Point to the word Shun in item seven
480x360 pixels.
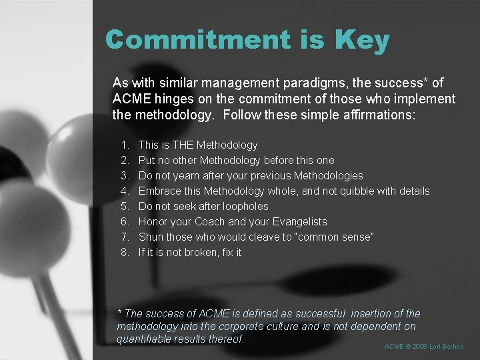point(150,237)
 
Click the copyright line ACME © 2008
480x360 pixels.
point(424,347)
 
